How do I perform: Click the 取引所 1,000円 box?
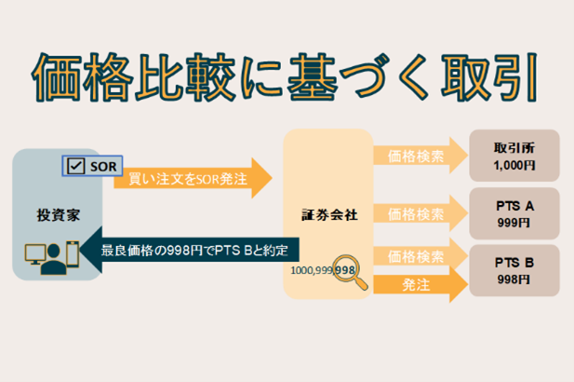(514, 155)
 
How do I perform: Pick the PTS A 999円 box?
(514, 213)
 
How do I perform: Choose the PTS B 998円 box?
(514, 270)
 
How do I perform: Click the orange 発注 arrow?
(414, 286)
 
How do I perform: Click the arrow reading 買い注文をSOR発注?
(191, 178)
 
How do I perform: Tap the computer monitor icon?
(33, 253)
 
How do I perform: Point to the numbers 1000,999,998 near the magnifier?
(323, 270)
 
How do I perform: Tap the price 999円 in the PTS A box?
(514, 224)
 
